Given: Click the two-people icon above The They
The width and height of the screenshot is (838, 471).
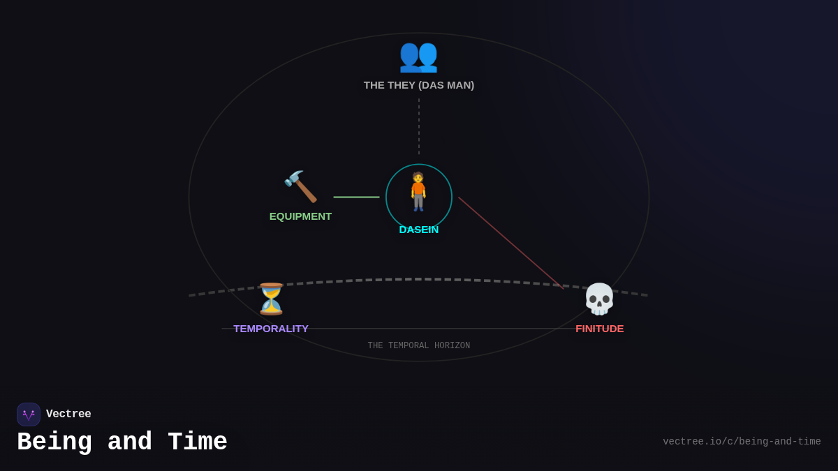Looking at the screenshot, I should click(418, 56).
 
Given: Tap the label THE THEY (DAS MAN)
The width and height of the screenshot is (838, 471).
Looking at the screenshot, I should click(418, 85).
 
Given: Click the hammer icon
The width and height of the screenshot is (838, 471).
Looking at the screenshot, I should click(300, 186).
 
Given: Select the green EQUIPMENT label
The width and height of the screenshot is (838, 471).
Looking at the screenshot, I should click(300, 216).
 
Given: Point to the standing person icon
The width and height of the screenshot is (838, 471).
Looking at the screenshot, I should click(418, 191).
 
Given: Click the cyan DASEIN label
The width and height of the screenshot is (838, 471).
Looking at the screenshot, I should click(419, 230).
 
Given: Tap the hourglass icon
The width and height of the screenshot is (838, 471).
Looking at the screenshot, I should click(271, 299).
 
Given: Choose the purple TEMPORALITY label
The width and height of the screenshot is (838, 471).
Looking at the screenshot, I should click(271, 329).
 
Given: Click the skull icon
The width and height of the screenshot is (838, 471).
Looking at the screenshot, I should click(599, 299).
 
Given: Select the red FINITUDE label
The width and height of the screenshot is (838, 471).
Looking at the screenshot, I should click(599, 329).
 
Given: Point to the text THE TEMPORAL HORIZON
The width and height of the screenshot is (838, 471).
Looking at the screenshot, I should click(419, 346).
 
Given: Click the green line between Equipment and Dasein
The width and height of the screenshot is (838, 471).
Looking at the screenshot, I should click(356, 197).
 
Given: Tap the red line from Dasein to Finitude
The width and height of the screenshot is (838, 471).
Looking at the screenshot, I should click(510, 242).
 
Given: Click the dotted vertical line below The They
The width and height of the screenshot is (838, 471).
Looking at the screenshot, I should click(419, 126).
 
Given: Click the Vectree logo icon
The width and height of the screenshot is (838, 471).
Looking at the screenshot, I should click(29, 414).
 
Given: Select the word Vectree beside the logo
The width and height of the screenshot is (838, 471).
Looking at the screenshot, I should click(68, 414).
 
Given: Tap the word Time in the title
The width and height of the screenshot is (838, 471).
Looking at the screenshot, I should click(197, 442).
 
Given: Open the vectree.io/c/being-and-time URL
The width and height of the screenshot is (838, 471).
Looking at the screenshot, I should click(742, 442).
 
